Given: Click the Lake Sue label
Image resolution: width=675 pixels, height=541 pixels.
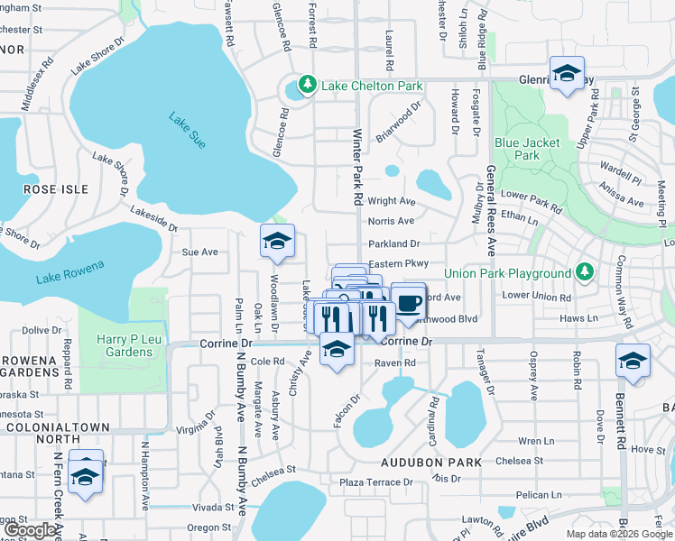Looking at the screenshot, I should (187, 130).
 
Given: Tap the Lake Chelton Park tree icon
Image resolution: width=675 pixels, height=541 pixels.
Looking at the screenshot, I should (308, 86).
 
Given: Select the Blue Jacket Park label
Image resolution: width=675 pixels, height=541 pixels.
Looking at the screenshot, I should (527, 149).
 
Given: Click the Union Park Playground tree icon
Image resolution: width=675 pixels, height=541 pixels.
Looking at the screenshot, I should (585, 272).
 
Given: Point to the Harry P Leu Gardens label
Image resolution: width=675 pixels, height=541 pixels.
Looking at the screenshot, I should (125, 345).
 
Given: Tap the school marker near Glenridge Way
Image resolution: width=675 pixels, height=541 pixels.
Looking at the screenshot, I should (567, 73).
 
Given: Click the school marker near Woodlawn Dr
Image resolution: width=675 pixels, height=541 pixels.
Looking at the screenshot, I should (277, 241).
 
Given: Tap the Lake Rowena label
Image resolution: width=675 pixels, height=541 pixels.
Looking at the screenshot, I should (70, 271).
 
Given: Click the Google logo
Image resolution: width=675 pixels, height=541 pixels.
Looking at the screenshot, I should (30, 529).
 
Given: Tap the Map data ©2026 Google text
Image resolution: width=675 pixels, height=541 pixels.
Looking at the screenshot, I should (619, 534).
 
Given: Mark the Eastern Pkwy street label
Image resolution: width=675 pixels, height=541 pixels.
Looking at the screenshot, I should (397, 263).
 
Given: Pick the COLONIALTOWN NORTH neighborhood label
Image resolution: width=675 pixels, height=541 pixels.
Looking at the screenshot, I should (54, 435).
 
